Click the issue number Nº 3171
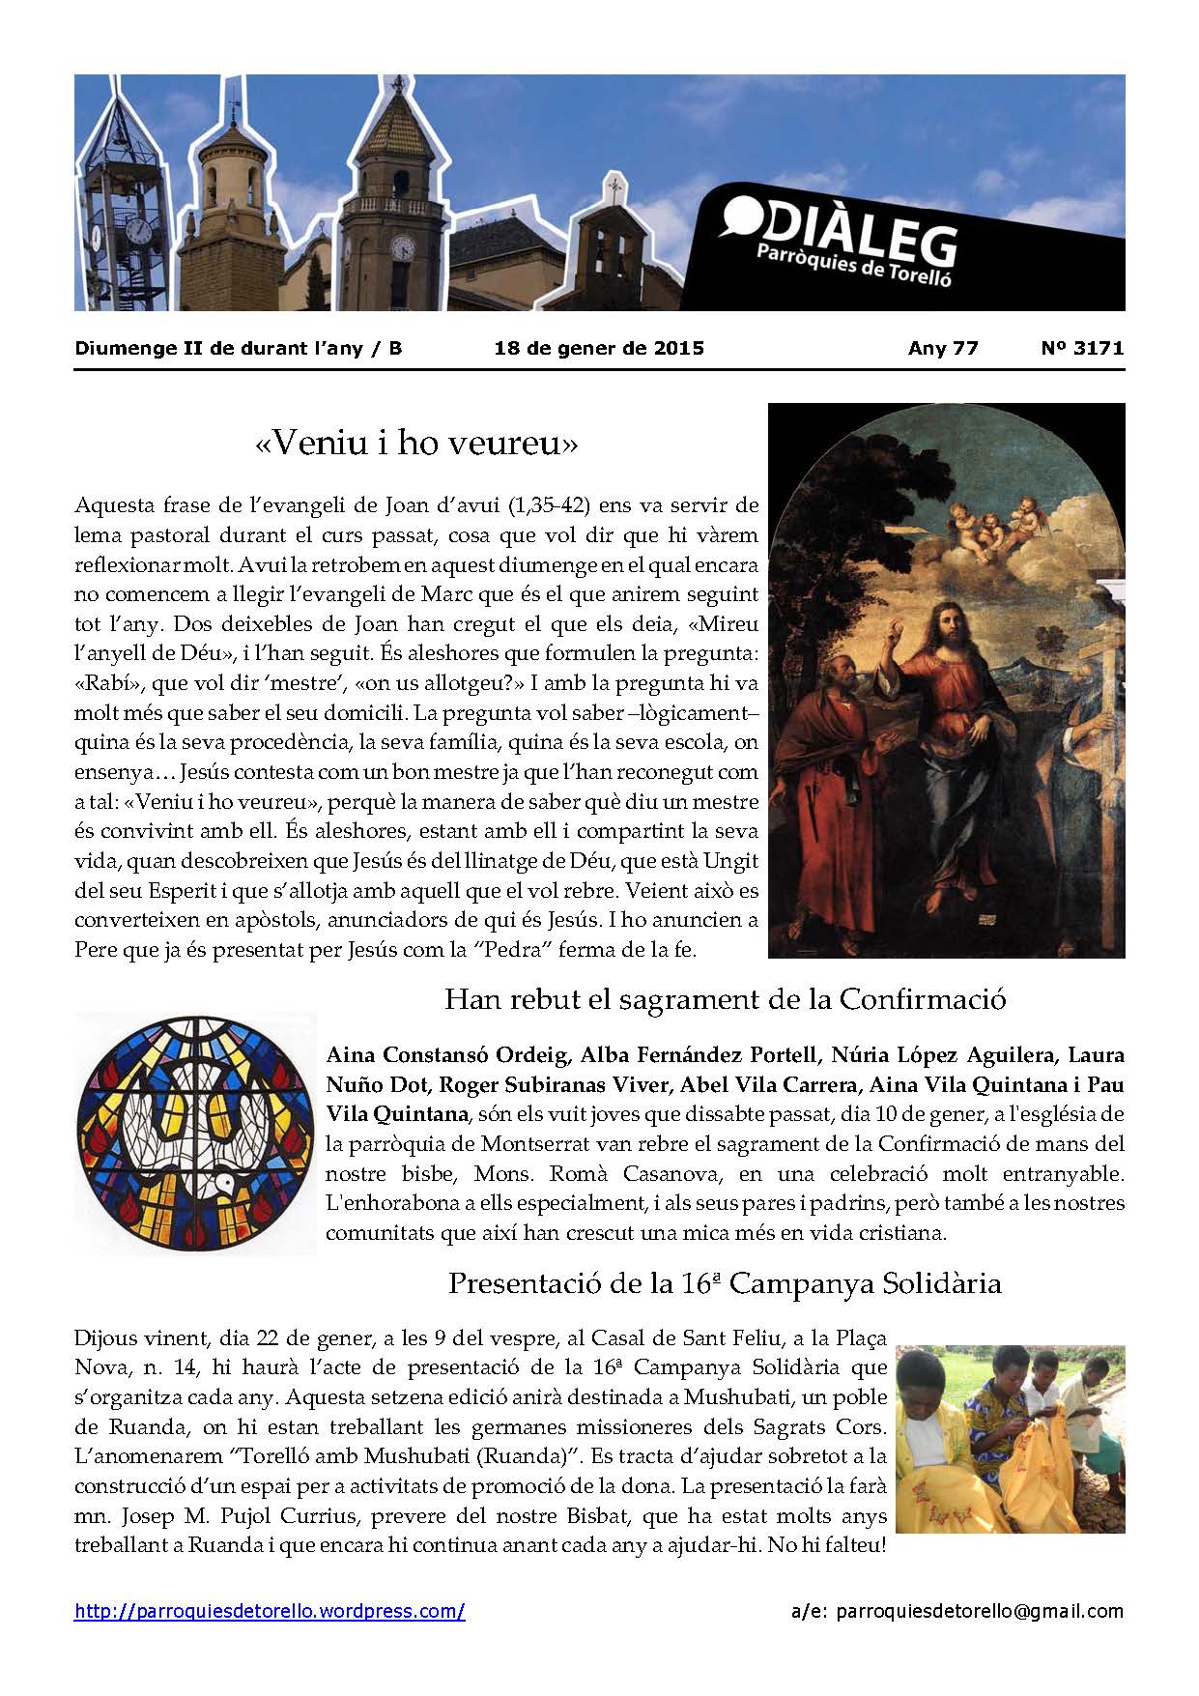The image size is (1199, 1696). tap(1082, 348)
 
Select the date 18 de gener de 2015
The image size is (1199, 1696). tap(599, 348)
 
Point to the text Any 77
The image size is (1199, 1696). tap(943, 348)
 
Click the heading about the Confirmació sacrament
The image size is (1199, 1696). tap(725, 998)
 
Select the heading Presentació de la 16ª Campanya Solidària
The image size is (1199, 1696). tap(725, 1283)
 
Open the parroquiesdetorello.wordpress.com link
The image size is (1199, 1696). tap(270, 1611)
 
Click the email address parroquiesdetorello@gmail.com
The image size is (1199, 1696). tap(979, 1611)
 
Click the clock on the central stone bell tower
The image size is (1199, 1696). tap(400, 247)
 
